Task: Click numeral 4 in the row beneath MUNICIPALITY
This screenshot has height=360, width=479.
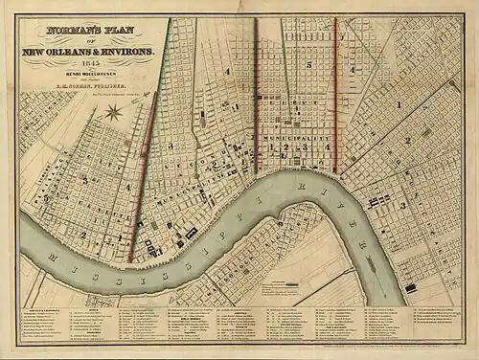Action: pos(328,151)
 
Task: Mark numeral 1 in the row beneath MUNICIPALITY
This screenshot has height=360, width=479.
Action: pos(272,151)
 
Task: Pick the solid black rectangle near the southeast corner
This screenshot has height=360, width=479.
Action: pos(411,287)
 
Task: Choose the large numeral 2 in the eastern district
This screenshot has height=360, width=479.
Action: pos(407,139)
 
